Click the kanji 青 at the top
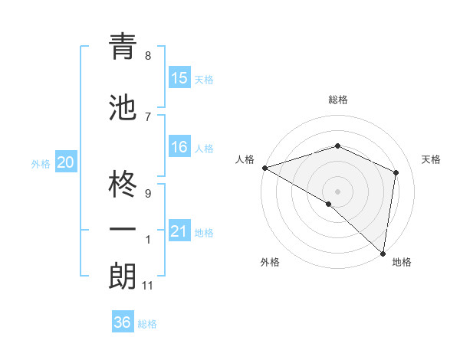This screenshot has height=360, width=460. [123, 47]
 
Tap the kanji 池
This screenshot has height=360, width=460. [123, 109]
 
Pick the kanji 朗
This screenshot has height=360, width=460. [123, 276]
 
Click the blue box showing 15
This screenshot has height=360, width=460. [179, 78]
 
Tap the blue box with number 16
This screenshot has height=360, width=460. [179, 147]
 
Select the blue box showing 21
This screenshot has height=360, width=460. [179, 231]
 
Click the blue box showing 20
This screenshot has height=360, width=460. [66, 162]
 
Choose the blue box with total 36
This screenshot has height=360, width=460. [123, 322]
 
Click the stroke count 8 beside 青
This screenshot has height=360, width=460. [148, 56]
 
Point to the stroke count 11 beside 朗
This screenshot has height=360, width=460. [148, 286]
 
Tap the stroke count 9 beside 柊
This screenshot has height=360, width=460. [148, 194]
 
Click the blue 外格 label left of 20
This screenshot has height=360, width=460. [41, 163]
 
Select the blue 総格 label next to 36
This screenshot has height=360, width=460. [147, 323]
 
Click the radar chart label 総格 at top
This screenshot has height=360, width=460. [337, 100]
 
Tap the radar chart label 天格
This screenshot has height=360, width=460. [431, 159]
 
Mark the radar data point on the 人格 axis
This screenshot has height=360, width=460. [264, 168]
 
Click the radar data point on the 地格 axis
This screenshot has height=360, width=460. [383, 253]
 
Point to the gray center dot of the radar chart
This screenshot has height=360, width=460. [337, 191]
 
